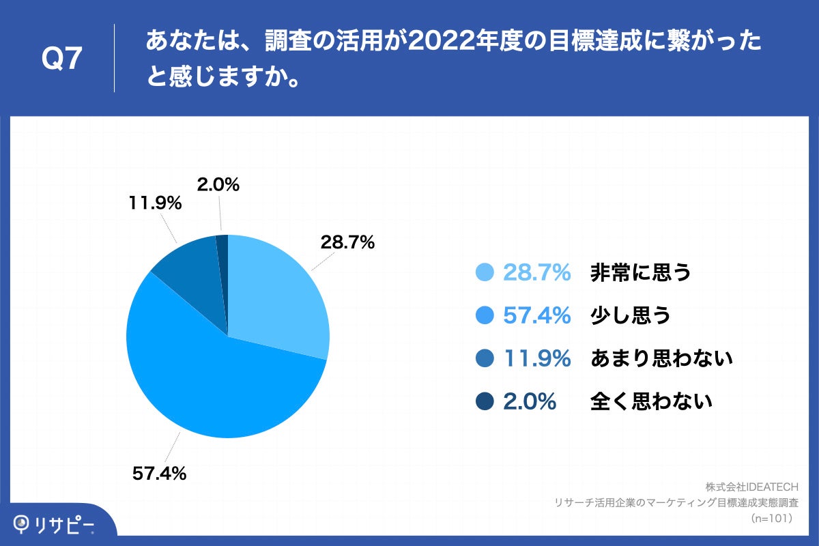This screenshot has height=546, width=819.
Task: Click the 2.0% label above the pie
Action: coord(218,184)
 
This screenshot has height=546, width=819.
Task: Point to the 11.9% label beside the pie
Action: coord(154,203)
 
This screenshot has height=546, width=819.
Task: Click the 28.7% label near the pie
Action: coord(347,242)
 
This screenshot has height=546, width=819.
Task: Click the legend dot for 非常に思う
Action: coord(485,272)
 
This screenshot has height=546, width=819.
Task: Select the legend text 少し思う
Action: coord(630,315)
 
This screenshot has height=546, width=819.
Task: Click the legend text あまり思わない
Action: coord(661,358)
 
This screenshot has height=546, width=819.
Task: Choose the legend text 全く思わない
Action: coord(651,401)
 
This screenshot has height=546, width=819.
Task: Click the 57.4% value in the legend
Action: coord(536,315)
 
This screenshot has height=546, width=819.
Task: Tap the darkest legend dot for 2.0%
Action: coord(485,401)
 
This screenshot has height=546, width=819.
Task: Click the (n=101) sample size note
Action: coord(772,518)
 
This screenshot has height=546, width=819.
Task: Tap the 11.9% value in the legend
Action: coord(536,358)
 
